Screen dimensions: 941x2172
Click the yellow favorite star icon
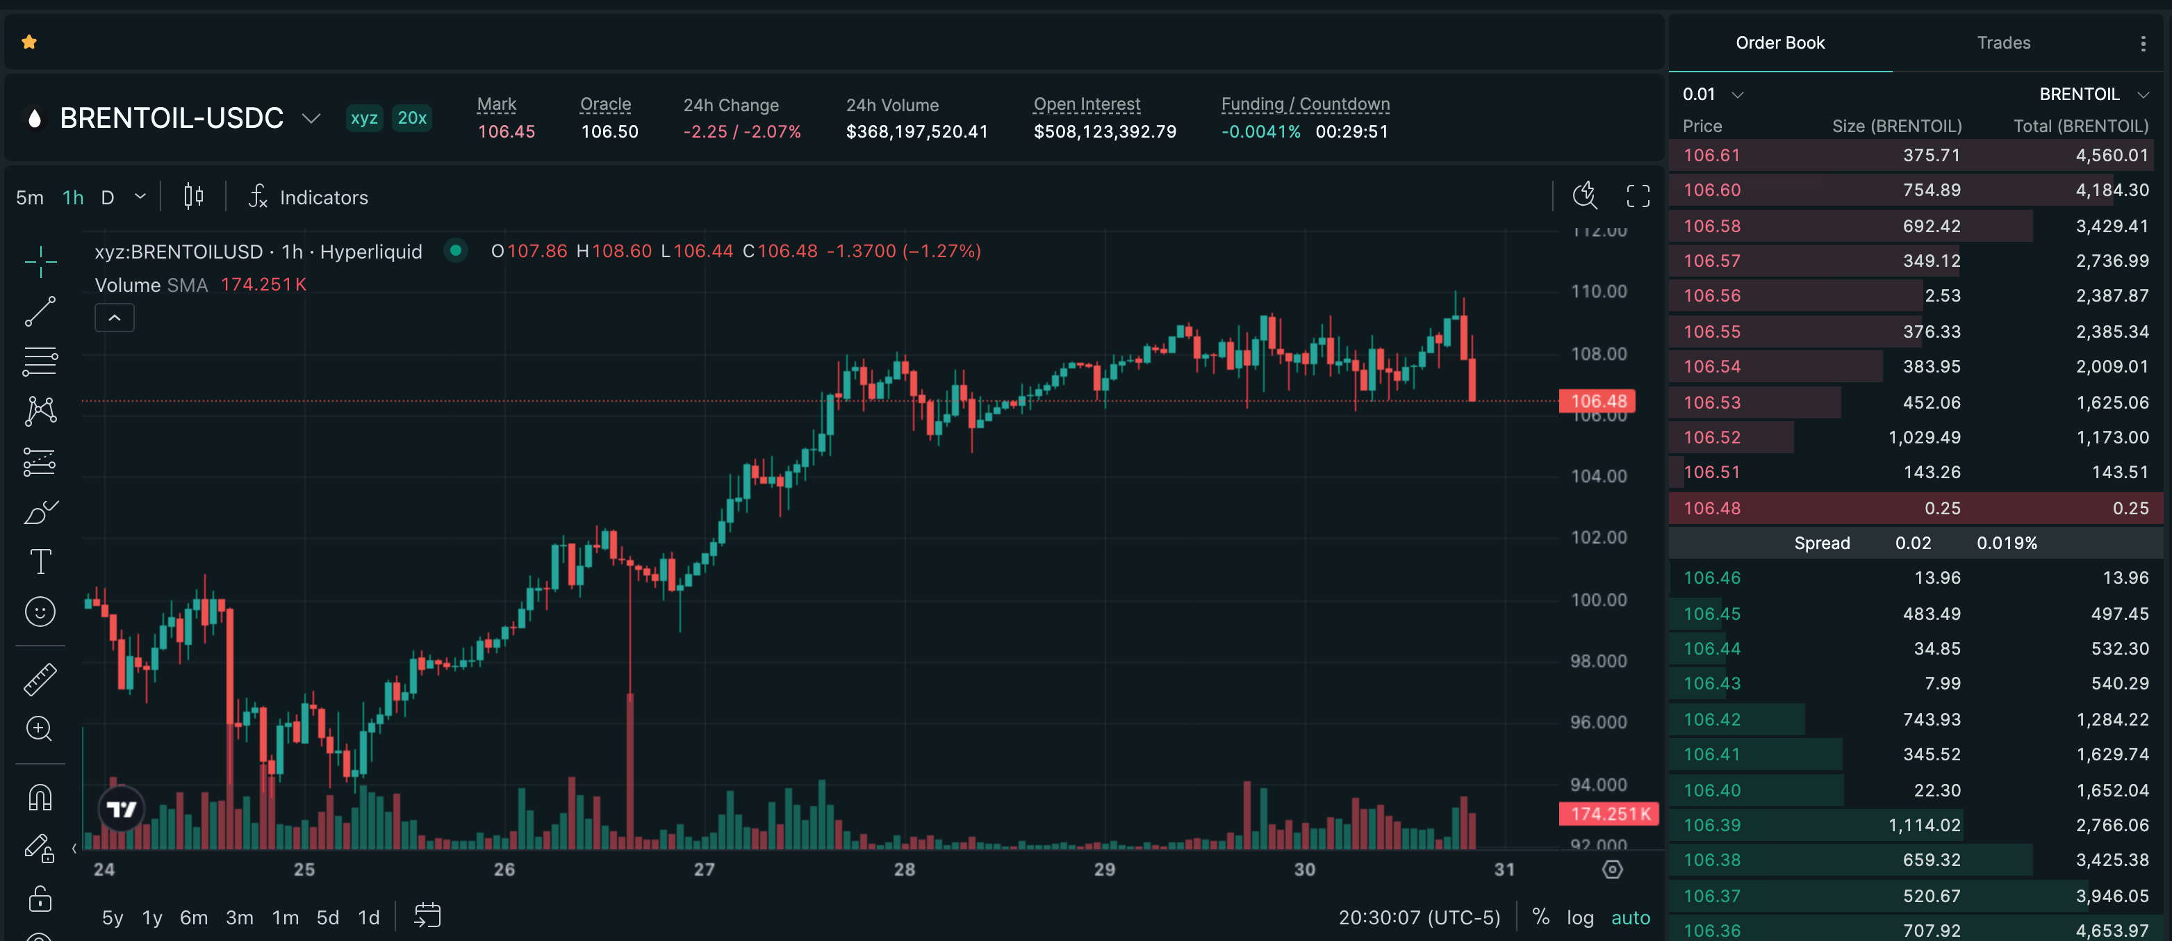click(x=29, y=42)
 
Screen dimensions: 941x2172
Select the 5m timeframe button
click(x=29, y=198)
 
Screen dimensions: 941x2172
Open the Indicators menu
click(x=308, y=198)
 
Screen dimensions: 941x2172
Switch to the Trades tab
click(x=2003, y=43)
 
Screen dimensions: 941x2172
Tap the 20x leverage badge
click(x=411, y=118)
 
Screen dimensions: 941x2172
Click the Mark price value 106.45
click(x=506, y=131)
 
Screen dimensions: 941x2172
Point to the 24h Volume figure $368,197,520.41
click(x=916, y=131)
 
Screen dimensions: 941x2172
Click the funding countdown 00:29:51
click(x=1351, y=131)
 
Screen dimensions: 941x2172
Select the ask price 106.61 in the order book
click(x=1711, y=155)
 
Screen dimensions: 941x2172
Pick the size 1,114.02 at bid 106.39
click(x=1924, y=826)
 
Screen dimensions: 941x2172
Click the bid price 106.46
click(x=1711, y=578)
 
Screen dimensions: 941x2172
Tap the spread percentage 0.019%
click(x=2006, y=543)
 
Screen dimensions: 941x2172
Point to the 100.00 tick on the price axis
click(x=1598, y=600)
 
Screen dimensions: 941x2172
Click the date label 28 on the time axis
click(x=904, y=869)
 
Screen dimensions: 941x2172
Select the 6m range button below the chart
click(x=193, y=917)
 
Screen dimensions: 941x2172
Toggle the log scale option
click(x=1579, y=917)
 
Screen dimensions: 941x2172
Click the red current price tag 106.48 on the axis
click(x=1598, y=402)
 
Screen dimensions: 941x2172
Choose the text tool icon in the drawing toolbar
click(x=40, y=562)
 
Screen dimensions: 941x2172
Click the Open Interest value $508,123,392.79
click(x=1105, y=131)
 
